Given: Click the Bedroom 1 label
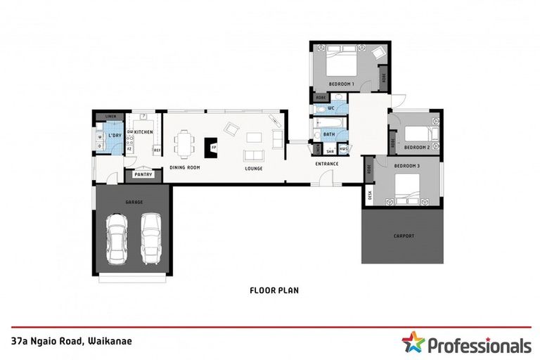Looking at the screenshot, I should click(x=343, y=83).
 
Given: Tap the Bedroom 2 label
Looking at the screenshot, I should click(x=417, y=147).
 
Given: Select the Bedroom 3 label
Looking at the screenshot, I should click(x=406, y=165).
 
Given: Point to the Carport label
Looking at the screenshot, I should click(x=403, y=236).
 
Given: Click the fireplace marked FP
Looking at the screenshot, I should click(x=211, y=147).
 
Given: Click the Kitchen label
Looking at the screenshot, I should click(x=144, y=132).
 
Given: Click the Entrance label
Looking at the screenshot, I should click(x=327, y=164).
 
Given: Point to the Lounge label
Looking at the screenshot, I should click(x=253, y=168).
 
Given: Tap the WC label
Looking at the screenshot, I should click(x=330, y=108).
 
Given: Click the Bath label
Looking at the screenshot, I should click(x=329, y=134).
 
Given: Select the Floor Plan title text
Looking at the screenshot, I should click(x=271, y=289).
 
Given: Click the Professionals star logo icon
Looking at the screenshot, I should click(x=413, y=344).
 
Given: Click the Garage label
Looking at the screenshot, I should click(x=134, y=202).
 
